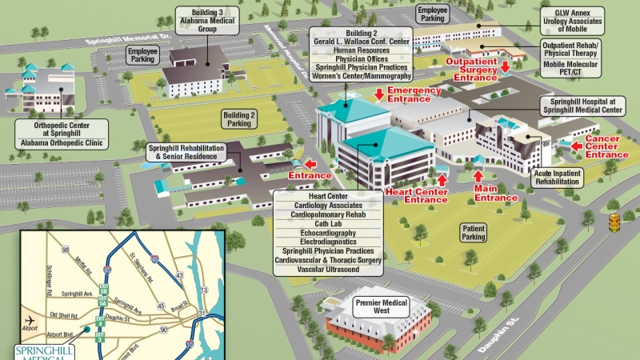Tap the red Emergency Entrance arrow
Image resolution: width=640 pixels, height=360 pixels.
coord(379,94)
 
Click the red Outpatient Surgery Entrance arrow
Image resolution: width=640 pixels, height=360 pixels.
coord(504,78)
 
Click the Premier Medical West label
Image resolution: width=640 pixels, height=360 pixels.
coord(382,307)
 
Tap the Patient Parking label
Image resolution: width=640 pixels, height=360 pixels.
coord(474,232)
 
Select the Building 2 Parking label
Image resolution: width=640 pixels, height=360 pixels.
coord(240,119)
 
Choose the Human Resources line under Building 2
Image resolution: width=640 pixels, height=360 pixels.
coord(362,50)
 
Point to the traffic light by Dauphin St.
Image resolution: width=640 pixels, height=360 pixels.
coord(614,222)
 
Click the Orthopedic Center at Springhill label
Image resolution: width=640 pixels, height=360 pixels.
coord(62,129)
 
